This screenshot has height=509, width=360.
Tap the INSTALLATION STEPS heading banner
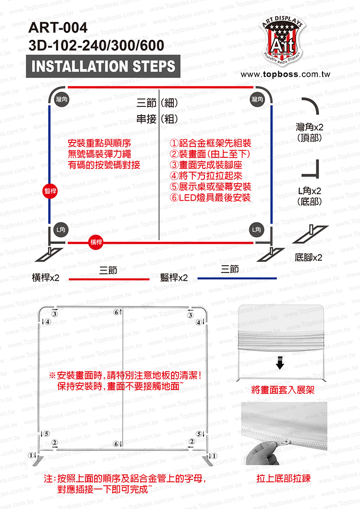pyautogui.click(x=103, y=66)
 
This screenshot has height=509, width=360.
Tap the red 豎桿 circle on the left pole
pyautogui.click(x=50, y=190)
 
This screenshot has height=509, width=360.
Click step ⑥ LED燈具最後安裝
pyautogui.click(x=211, y=198)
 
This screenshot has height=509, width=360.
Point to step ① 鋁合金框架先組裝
pyautogui.click(x=211, y=143)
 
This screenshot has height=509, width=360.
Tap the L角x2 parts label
pyautogui.click(x=310, y=196)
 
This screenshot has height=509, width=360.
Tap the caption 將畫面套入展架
pyautogui.click(x=283, y=390)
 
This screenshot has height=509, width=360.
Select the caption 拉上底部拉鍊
pyautogui.click(x=283, y=478)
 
